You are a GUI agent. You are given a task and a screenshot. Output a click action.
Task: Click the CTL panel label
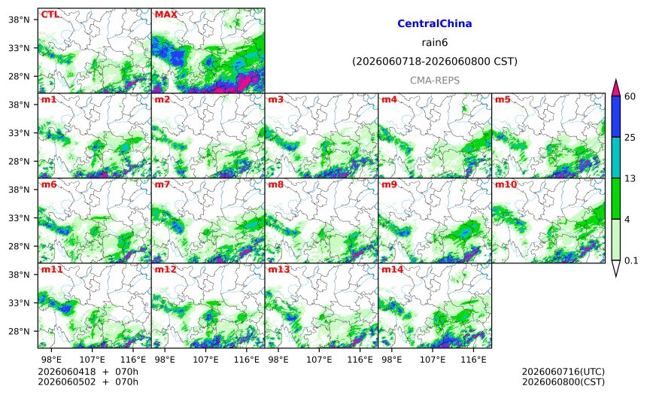point(50,14)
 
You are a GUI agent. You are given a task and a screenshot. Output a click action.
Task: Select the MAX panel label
point(166,14)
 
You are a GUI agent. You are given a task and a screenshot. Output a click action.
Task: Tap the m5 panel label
point(503,99)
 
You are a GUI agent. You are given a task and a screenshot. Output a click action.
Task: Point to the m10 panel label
point(506,184)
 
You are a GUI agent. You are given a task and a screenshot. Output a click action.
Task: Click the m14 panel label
point(393,269)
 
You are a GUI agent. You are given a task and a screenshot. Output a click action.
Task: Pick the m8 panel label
point(275,184)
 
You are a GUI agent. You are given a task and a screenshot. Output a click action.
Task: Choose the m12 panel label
point(166,269)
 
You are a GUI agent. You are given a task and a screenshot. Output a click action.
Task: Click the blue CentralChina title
point(435,23)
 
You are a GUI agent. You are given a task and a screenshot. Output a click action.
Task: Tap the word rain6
point(435,43)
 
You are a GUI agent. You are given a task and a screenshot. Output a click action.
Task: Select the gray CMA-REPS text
point(435,81)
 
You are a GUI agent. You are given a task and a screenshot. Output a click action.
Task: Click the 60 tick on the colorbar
point(630,96)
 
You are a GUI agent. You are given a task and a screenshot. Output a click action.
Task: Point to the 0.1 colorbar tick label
point(631,260)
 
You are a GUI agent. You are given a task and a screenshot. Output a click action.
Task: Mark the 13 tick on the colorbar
point(630,178)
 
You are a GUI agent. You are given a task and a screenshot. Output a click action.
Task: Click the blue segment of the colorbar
point(615,117)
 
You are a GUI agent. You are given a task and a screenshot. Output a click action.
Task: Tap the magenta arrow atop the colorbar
point(615,87)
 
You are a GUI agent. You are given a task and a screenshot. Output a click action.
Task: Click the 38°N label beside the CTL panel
point(20,20)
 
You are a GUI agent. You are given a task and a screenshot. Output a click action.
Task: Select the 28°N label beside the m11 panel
point(20,332)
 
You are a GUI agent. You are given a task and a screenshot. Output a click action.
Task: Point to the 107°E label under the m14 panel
point(433,360)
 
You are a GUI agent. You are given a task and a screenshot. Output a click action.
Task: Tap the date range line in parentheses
point(435,62)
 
